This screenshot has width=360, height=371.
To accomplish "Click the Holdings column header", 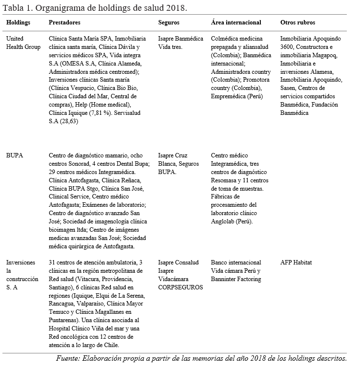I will [18, 22].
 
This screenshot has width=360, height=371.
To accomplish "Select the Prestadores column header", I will [65, 22].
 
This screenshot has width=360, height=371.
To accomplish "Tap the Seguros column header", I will [169, 22].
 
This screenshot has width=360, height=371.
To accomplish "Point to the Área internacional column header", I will [236, 22].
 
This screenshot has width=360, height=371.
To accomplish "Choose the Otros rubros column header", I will [297, 22].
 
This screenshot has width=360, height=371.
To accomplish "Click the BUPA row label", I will [14, 156].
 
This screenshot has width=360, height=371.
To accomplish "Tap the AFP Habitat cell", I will [296, 262].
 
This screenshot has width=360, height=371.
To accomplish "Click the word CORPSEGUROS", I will [180, 287].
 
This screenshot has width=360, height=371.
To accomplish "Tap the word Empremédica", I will [231, 96].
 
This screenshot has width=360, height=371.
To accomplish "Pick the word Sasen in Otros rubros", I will [289, 88].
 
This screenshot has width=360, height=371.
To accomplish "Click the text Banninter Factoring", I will [236, 279].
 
